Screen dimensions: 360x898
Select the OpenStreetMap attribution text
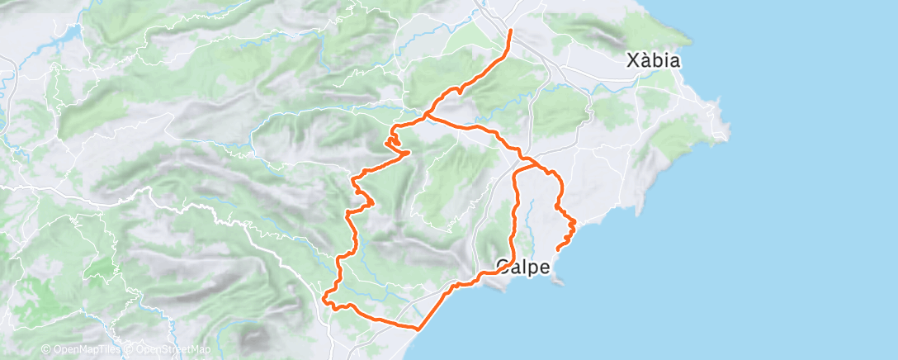pos(169,350)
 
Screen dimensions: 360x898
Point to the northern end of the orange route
pos(511,31)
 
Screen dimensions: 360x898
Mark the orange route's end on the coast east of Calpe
pos(559,248)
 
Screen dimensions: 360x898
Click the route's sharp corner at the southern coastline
pos(418,329)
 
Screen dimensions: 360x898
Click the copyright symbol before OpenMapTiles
pos(46,350)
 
